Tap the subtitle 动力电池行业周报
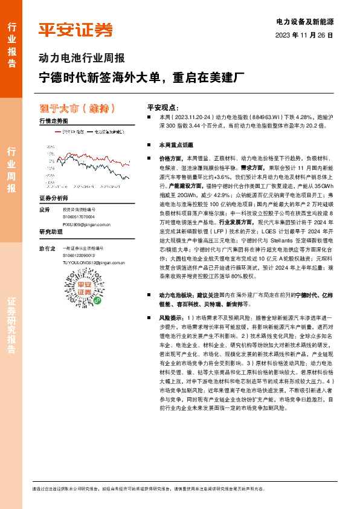[x=82, y=59]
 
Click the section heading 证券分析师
[x=54, y=199]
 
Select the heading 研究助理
[x=51, y=232]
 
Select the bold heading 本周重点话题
[x=176, y=146]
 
